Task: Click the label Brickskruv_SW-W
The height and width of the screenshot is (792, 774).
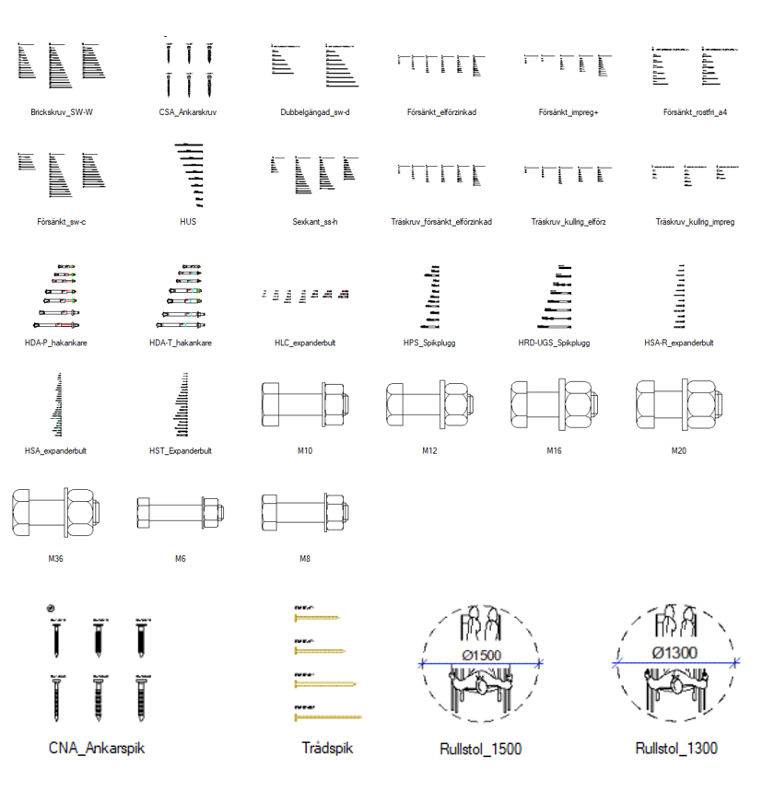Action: pyautogui.click(x=62, y=112)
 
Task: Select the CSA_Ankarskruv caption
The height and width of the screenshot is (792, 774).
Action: pyautogui.click(x=187, y=112)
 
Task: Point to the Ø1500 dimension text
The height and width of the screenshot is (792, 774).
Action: pyautogui.click(x=481, y=654)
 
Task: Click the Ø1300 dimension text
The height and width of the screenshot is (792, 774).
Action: pyautogui.click(x=674, y=653)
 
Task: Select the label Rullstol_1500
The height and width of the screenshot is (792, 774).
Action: pyautogui.click(x=481, y=749)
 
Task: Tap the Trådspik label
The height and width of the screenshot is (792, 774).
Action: pyautogui.click(x=327, y=748)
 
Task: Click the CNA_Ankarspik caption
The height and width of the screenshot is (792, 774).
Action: pyautogui.click(x=97, y=748)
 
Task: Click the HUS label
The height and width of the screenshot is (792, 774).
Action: pyautogui.click(x=188, y=222)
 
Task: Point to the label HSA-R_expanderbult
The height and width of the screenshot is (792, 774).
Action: pyautogui.click(x=679, y=343)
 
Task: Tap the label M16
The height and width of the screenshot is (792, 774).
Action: pyautogui.click(x=554, y=451)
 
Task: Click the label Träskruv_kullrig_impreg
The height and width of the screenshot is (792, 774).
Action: pyautogui.click(x=695, y=222)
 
